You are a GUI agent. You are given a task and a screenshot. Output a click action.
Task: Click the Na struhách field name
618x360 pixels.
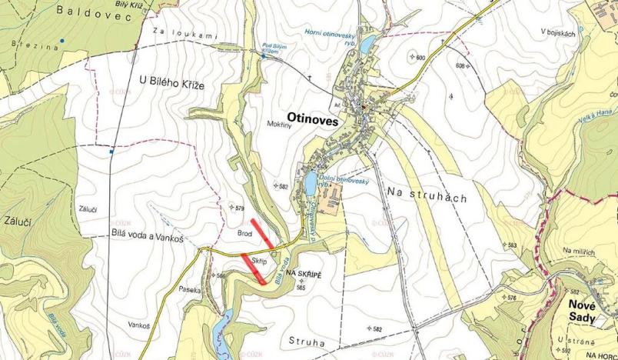click(x=427, y=195)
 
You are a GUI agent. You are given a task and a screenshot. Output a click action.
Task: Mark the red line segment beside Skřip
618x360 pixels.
click(x=253, y=268)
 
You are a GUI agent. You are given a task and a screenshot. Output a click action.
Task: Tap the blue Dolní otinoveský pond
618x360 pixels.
click(x=310, y=185)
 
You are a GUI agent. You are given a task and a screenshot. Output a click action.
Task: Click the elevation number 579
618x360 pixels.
click(x=240, y=208)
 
